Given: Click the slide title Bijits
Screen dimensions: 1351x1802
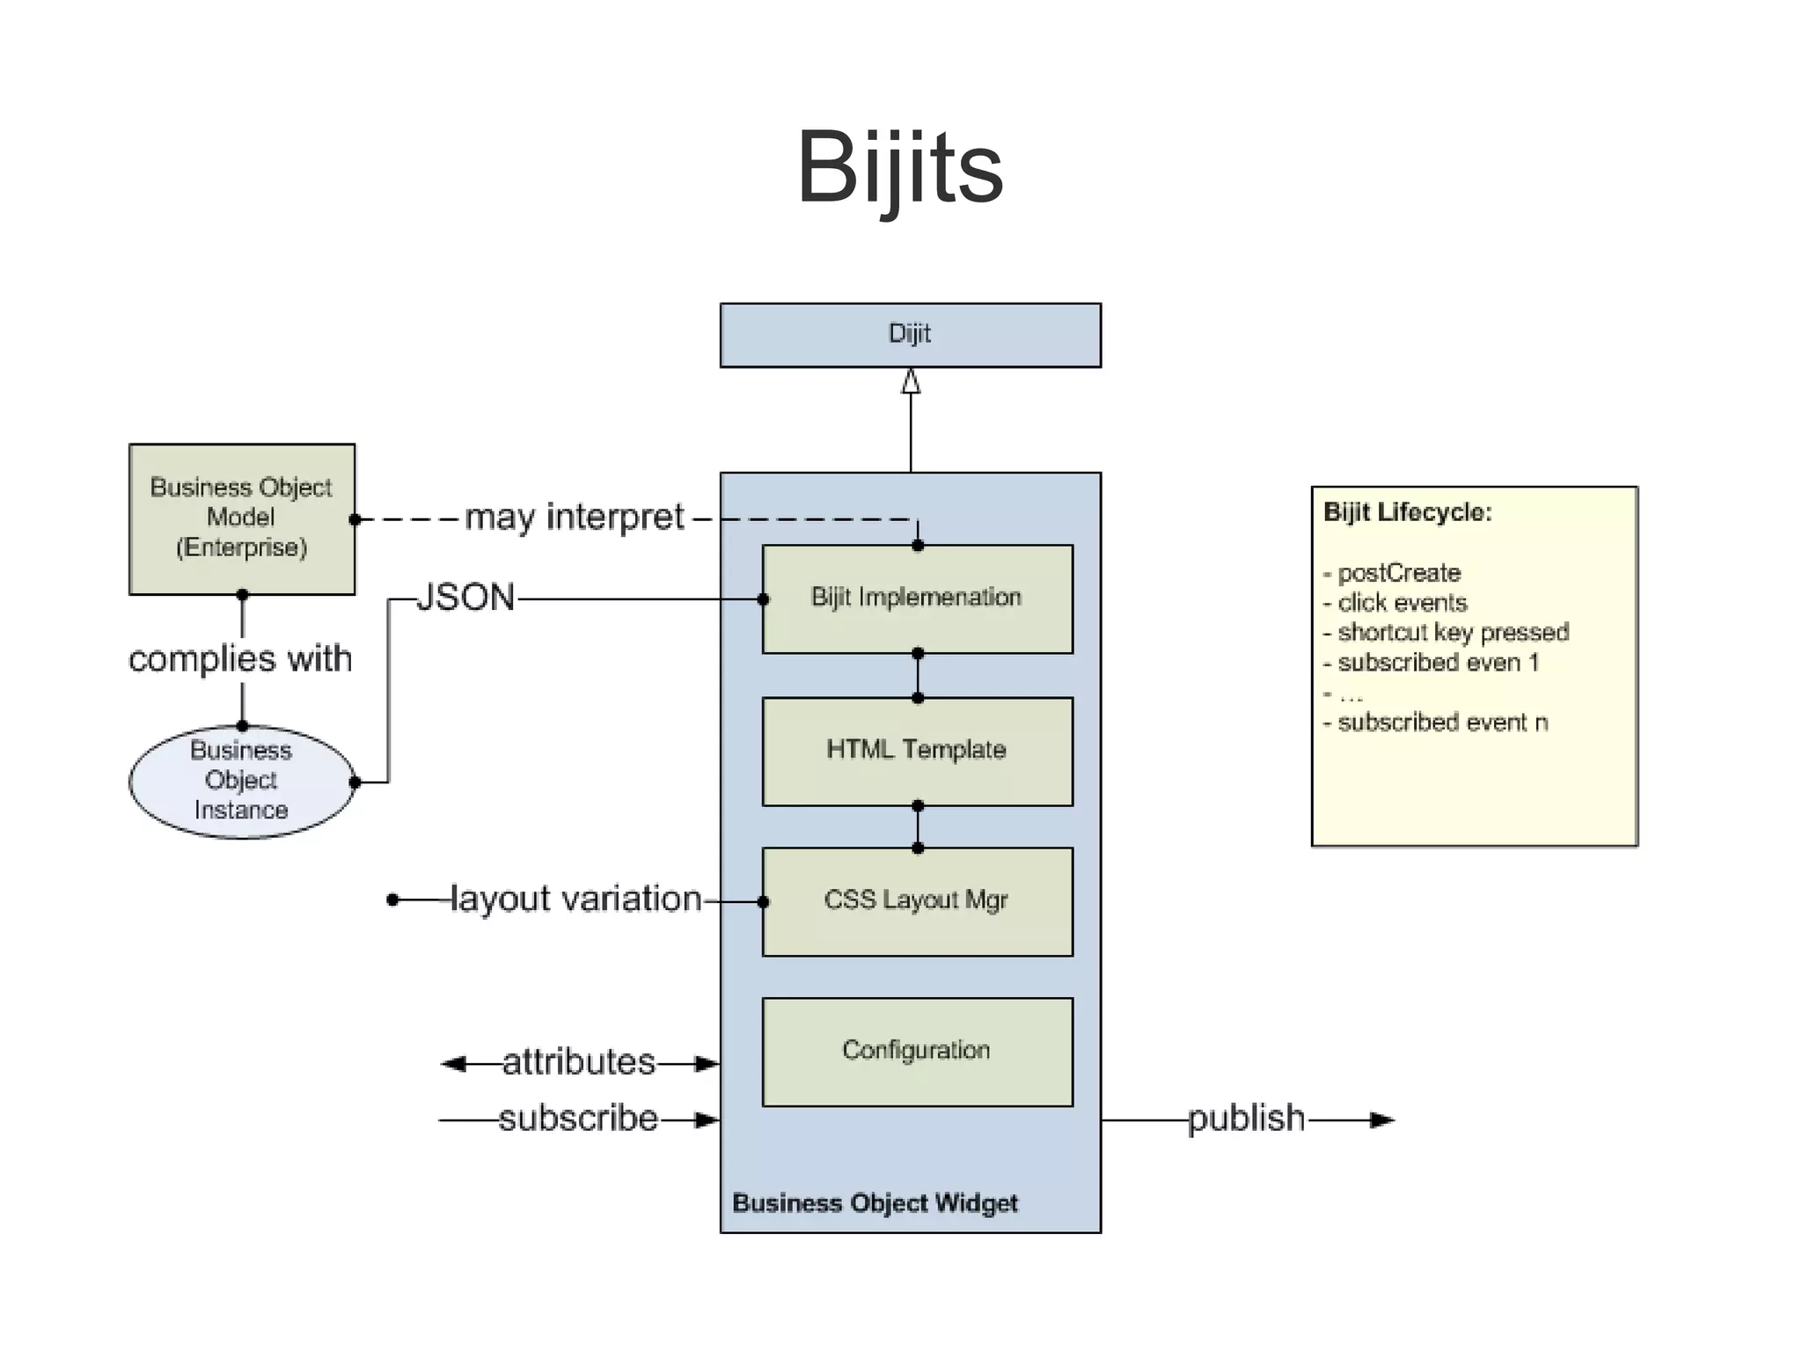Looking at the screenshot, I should pos(899,167).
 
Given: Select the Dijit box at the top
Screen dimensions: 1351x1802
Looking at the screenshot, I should pos(910,334).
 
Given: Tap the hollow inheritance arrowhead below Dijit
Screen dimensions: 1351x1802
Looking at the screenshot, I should pos(911,381).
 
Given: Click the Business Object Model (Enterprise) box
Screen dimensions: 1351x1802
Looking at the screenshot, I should pos(242,518).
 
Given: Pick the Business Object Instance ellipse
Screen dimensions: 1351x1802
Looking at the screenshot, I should pos(241,781).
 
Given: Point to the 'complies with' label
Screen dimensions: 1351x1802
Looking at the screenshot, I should pos(240,658).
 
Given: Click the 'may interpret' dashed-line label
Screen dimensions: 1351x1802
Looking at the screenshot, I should pos(574,518).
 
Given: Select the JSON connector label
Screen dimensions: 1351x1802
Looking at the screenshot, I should pos(465,598).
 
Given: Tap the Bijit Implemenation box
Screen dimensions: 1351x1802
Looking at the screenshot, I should pos(917,598).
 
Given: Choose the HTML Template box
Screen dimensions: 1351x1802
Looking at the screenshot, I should pos(917,751).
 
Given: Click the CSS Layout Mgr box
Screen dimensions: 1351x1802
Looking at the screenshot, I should pos(917,900).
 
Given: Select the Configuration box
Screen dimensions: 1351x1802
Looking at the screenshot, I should pos(917,1051).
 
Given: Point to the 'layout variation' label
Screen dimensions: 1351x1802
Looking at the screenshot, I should pos(575,899).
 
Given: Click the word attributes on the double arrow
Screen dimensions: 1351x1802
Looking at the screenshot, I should pos(579,1062).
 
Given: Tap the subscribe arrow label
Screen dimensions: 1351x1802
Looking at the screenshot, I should pos(578,1119).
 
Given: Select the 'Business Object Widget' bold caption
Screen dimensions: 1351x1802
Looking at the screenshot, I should pos(875,1203).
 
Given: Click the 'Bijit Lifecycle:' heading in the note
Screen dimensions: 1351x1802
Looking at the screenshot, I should pos(1408,512).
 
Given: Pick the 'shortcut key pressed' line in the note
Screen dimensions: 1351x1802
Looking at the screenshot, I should pos(1452,632).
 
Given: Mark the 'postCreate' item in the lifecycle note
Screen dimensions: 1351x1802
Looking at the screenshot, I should pos(1398,573).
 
